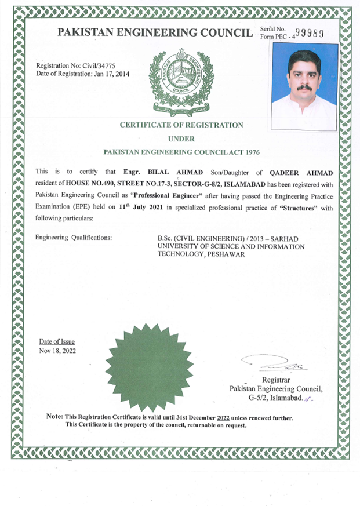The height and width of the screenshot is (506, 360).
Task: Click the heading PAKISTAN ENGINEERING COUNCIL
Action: pyautogui.click(x=155, y=33)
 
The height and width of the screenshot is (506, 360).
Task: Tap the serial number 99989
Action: pyautogui.click(x=309, y=33)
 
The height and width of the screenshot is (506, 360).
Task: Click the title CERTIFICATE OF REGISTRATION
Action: pyautogui.click(x=181, y=125)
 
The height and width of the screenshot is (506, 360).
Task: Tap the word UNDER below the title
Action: pyautogui.click(x=181, y=139)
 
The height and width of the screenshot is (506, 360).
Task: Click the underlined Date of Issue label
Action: pyautogui.click(x=56, y=342)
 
